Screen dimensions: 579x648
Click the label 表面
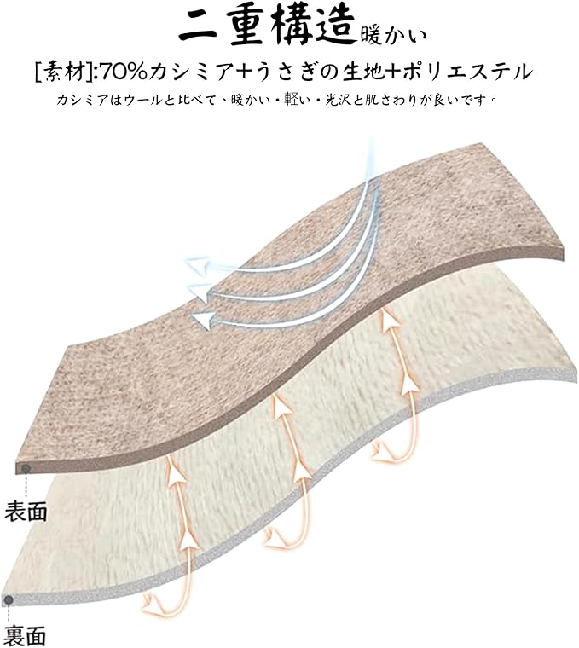click(x=26, y=512)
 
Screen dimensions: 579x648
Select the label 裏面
click(x=26, y=635)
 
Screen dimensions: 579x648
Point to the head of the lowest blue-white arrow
click(x=202, y=321)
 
